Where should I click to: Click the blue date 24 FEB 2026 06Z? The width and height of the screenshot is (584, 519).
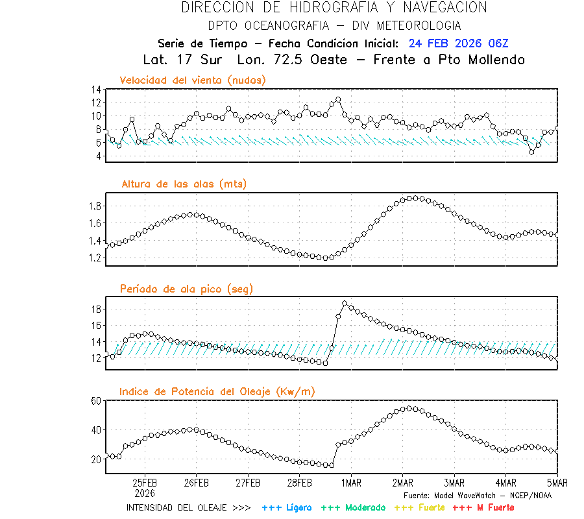click(x=458, y=44)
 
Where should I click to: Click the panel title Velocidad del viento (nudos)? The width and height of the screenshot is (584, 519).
click(x=193, y=80)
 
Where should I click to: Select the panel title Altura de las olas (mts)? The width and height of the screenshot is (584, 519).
click(x=184, y=184)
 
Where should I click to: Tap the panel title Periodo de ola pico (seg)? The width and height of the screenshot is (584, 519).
click(x=186, y=288)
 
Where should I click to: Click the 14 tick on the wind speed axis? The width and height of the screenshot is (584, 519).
click(x=96, y=90)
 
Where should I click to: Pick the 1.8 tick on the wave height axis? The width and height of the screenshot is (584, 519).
click(x=94, y=206)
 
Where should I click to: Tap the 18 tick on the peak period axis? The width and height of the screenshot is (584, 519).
click(x=96, y=309)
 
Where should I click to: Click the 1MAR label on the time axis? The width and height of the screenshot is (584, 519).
click(x=351, y=483)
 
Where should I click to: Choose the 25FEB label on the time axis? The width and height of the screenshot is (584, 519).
click(x=145, y=483)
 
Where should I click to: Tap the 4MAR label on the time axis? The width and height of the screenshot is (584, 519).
click(x=505, y=483)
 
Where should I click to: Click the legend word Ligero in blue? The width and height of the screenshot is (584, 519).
click(x=297, y=507)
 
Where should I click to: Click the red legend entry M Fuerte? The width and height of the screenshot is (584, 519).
click(x=492, y=507)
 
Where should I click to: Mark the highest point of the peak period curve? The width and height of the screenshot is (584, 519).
click(x=345, y=304)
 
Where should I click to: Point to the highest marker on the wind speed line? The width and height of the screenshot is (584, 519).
click(x=338, y=100)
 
